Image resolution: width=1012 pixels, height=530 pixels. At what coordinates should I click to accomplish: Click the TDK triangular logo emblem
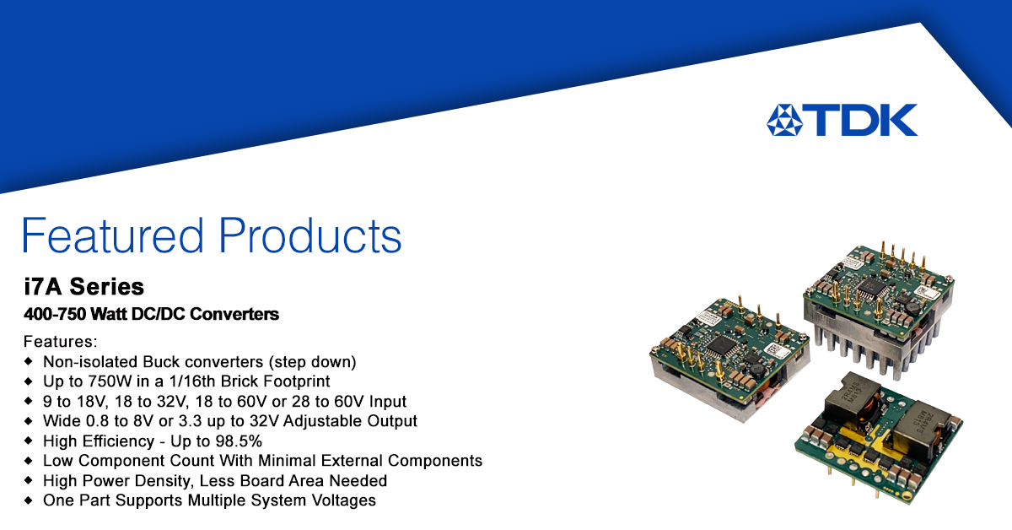click(785, 120)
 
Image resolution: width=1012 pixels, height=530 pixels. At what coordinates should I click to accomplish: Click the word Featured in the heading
click(112, 235)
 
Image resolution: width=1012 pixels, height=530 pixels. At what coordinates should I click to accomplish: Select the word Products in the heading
click(310, 235)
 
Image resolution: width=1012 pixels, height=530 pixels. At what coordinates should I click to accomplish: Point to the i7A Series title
click(84, 287)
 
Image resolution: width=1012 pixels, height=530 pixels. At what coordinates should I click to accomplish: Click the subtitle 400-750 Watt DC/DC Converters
click(151, 314)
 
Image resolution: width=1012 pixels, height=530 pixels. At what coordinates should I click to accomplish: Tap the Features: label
click(61, 342)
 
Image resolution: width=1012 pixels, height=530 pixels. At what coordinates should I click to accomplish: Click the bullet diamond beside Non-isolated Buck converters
click(29, 361)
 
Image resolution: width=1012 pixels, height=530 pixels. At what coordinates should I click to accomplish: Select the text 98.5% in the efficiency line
click(239, 441)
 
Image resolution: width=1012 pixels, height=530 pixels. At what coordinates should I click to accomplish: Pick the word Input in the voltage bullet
click(388, 401)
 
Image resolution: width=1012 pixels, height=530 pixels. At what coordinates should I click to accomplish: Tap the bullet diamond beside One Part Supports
click(29, 500)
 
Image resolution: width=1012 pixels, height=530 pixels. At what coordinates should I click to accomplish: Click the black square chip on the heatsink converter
click(874, 288)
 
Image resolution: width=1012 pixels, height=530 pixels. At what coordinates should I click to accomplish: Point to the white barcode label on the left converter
click(777, 349)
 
